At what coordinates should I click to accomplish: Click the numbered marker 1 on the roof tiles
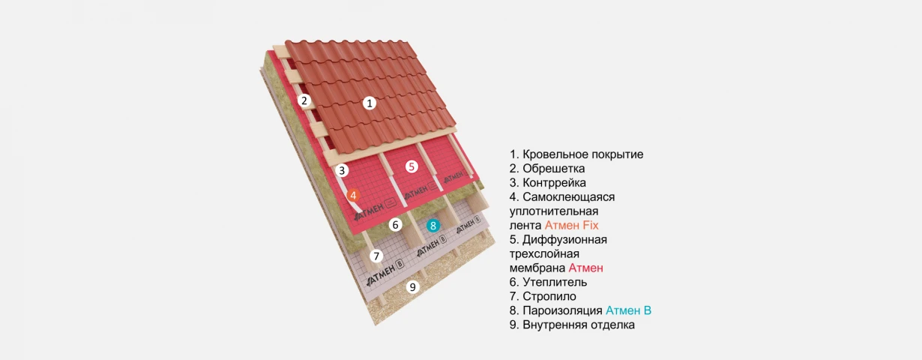tap(370, 103)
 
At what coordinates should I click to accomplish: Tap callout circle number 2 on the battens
tap(304, 100)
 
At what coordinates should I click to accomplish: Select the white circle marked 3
tap(341, 170)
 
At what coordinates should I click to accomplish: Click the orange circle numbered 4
tap(353, 196)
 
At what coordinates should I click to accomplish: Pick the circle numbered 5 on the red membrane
tap(412, 166)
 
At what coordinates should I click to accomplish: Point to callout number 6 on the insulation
tap(396, 225)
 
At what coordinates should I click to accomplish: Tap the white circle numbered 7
tap(376, 256)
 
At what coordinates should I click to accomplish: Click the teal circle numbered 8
tap(433, 226)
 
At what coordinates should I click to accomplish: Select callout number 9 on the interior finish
tap(413, 286)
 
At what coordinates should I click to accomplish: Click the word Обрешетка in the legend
tap(554, 169)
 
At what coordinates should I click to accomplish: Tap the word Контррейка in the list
tap(554, 182)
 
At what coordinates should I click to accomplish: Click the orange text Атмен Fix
tap(571, 225)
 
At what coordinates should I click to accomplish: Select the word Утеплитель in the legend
tap(555, 282)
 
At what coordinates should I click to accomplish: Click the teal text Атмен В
tap(628, 310)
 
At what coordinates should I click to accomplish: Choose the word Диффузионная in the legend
tap(564, 240)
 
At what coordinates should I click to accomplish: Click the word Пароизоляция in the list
tap(563, 310)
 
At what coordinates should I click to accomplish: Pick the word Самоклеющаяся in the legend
tap(569, 197)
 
